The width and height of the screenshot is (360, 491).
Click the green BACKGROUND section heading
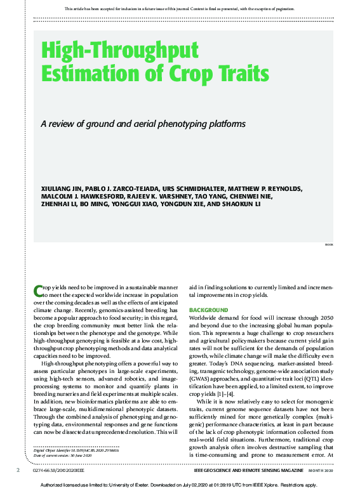point(209,310)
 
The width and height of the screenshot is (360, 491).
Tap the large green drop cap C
point(38,291)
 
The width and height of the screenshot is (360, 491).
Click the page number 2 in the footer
point(18,471)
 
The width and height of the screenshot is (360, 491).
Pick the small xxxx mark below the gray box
point(328,244)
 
